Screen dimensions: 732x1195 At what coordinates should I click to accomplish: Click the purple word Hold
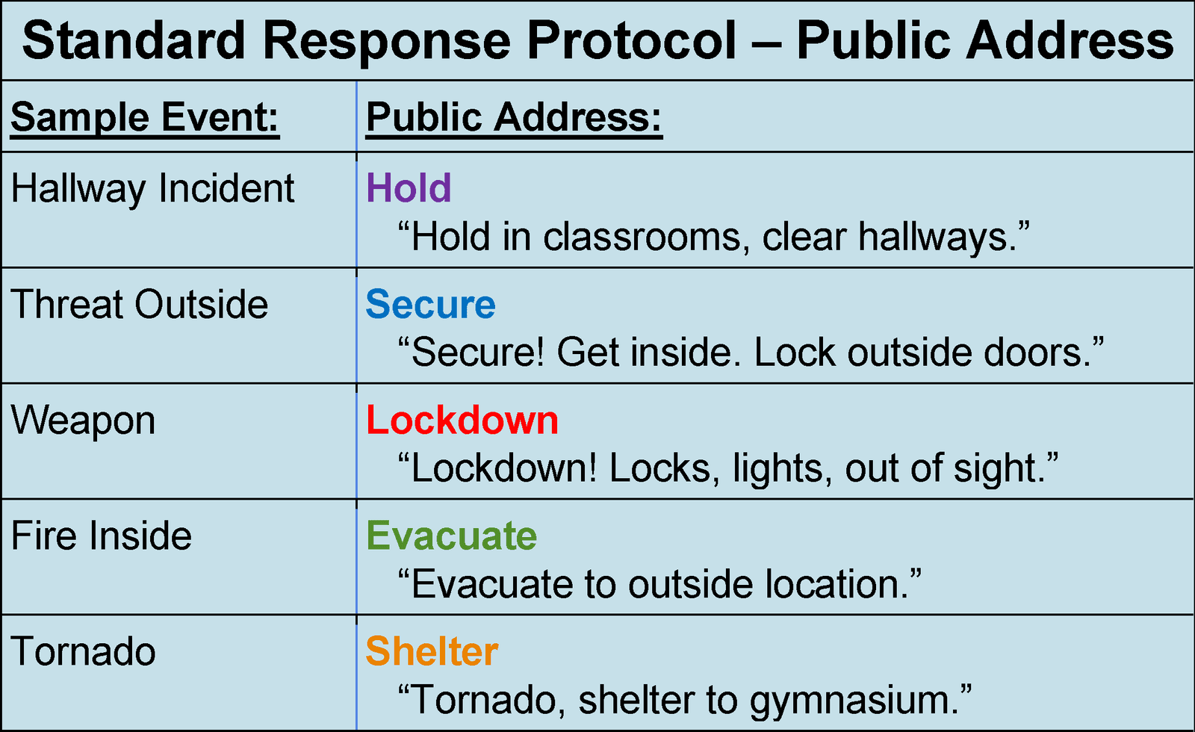pos(409,188)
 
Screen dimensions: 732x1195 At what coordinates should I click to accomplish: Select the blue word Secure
pos(430,305)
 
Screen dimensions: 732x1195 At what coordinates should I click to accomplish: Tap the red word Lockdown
pos(462,421)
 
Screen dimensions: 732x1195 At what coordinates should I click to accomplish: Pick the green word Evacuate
pos(451,536)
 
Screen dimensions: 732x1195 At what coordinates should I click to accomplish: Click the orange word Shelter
pos(431,652)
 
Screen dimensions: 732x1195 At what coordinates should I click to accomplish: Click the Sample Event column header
pos(144,118)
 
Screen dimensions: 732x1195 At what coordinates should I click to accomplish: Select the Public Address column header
pos(514,118)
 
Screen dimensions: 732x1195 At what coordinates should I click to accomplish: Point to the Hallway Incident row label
pos(152,188)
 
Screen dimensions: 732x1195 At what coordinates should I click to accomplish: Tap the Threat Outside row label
pos(140,305)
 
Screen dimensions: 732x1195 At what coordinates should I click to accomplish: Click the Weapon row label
pos(83,421)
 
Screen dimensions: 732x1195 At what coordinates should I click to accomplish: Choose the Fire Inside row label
pos(102,536)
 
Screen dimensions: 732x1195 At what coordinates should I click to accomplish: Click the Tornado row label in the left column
pos(83,652)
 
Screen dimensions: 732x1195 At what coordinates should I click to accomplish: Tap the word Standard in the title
pos(134,40)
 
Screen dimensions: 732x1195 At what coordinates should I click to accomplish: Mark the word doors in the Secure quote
pos(1037,353)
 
